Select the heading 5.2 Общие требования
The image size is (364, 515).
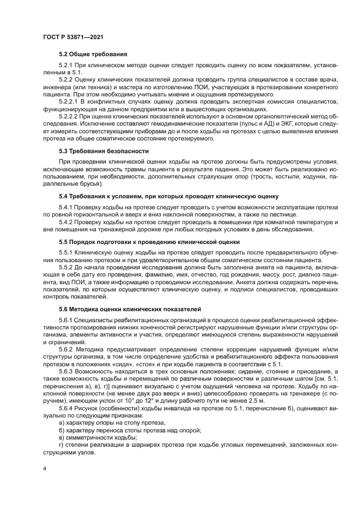click(x=93, y=55)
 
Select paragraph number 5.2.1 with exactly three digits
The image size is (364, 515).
click(x=67, y=66)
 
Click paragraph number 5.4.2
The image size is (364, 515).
click(x=67, y=221)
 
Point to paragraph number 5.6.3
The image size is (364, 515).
click(x=67, y=371)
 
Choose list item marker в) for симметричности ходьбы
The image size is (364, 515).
click(x=62, y=436)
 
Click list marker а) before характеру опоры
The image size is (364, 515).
click(x=62, y=422)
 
